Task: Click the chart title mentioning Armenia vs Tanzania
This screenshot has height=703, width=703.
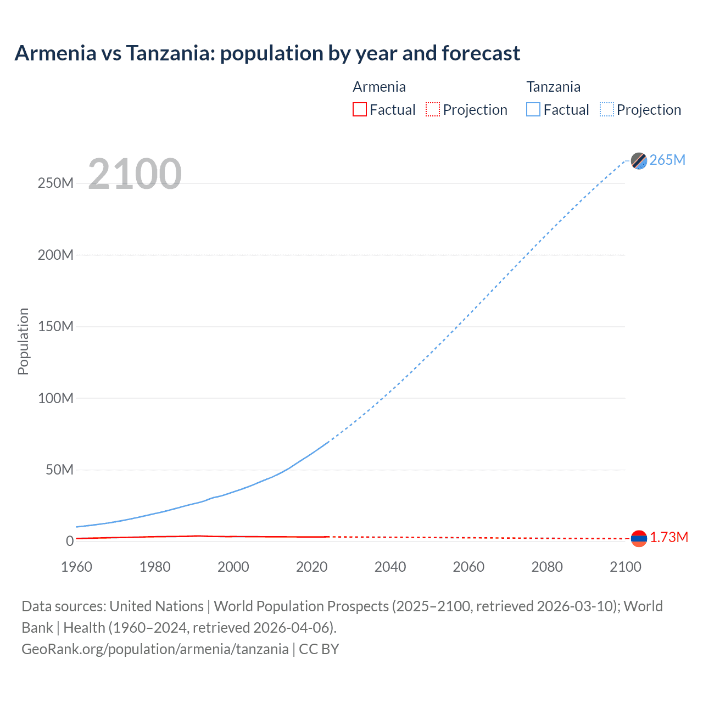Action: [267, 53]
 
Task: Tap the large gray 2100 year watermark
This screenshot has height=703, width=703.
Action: [135, 174]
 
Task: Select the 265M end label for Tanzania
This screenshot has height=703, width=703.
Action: [667, 160]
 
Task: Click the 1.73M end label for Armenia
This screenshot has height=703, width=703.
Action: [668, 537]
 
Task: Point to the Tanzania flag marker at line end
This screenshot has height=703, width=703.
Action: [639, 160]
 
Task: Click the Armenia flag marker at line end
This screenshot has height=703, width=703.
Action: [639, 538]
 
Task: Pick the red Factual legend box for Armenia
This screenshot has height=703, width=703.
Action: [360, 110]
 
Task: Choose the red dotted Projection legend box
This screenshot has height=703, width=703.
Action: [433, 110]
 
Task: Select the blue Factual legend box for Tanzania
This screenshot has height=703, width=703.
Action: [533, 110]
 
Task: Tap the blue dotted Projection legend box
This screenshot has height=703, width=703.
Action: [607, 110]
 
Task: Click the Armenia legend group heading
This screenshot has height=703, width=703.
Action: [379, 87]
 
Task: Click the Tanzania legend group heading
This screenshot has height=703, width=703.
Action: [553, 87]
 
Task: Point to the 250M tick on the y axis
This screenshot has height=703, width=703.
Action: [55, 183]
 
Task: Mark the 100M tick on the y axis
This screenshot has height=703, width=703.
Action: [55, 398]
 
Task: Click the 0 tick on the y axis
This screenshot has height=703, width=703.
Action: [70, 542]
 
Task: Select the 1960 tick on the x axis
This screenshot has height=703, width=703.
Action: [76, 567]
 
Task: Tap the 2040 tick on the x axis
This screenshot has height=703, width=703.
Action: [390, 567]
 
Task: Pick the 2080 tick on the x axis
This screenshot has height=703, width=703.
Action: [547, 567]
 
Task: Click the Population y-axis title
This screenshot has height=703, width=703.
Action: [23, 341]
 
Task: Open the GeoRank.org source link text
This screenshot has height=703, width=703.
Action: [155, 649]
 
